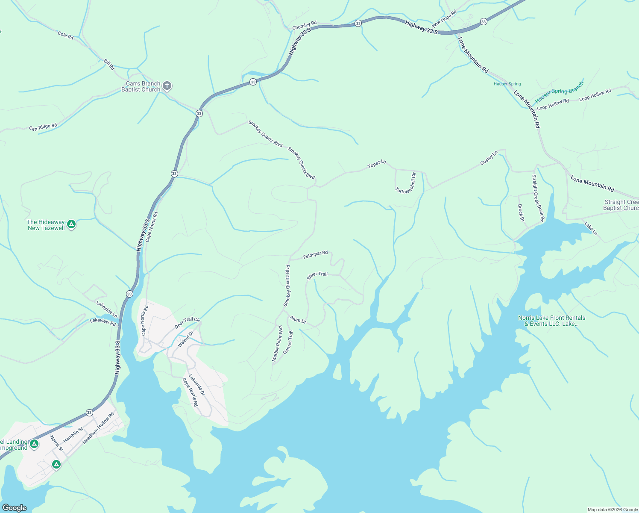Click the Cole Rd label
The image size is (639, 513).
pyautogui.click(x=65, y=35)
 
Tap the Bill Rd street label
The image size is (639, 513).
pyautogui.click(x=109, y=65)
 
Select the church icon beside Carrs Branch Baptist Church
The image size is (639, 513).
pyautogui.click(x=167, y=86)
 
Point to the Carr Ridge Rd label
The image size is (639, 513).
pyautogui.click(x=43, y=127)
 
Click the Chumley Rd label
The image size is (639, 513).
pyautogui.click(x=304, y=26)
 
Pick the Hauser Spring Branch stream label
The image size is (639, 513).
pyautogui.click(x=559, y=92)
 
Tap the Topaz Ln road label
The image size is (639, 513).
pyautogui.click(x=377, y=164)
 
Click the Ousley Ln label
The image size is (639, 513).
pyautogui.click(x=489, y=158)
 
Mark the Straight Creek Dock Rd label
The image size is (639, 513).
pyautogui.click(x=538, y=198)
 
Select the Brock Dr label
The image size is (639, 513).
pyautogui.click(x=521, y=213)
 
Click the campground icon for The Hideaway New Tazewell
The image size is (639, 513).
pyautogui.click(x=71, y=224)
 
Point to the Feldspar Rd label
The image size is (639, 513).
pyautogui.click(x=315, y=255)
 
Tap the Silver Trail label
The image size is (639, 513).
pyautogui.click(x=317, y=276)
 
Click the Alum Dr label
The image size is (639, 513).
pyautogui.click(x=298, y=320)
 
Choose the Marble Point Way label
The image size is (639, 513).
pyautogui.click(x=278, y=343)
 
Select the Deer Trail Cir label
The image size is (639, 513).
pyautogui.click(x=187, y=323)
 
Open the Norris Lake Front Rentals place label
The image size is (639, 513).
pyautogui.click(x=551, y=321)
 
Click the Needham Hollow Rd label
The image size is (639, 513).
pyautogui.click(x=98, y=428)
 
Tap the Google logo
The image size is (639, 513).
pyautogui.click(x=14, y=507)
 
